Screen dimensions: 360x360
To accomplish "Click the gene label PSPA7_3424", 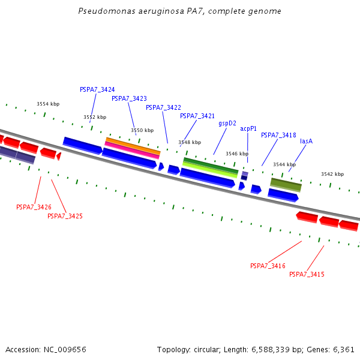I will pos(97,89).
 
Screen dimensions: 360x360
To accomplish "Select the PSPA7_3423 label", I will pos(129,98).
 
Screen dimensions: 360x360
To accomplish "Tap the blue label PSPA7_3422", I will pos(163,107).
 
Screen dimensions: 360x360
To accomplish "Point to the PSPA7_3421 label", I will pos(197,116).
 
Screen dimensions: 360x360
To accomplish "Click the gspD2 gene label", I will pos(227,123).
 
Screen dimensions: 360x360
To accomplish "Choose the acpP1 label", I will pos(248,128).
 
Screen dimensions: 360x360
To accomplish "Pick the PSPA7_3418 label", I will pos(278,135).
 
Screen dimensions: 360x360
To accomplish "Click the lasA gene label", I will pos(306,141).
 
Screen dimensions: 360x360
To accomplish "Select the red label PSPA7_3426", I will pos(34,207).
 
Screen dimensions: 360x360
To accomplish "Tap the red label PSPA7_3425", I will pos(65,216).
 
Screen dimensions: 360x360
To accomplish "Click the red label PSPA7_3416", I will pos(268,266).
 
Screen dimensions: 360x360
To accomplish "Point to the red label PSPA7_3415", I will pos(307,274).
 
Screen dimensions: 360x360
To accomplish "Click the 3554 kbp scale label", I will pos(48,104).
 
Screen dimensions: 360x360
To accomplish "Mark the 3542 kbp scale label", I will pos(332,174).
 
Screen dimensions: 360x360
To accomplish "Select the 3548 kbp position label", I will pos(190,142).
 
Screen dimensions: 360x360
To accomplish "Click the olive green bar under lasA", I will pos(286,184).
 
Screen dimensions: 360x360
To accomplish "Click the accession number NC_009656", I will pos(69,349).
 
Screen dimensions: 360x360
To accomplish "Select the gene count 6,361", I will pos(343,349).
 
